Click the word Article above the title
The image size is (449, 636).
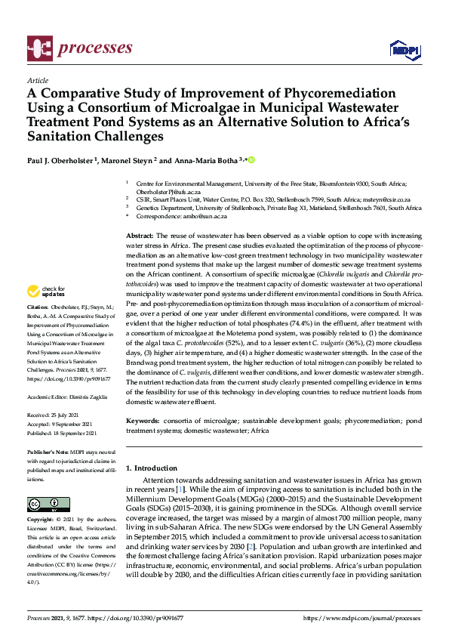[37, 80]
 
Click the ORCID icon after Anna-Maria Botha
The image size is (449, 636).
[251, 160]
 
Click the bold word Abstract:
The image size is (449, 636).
[140, 236]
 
